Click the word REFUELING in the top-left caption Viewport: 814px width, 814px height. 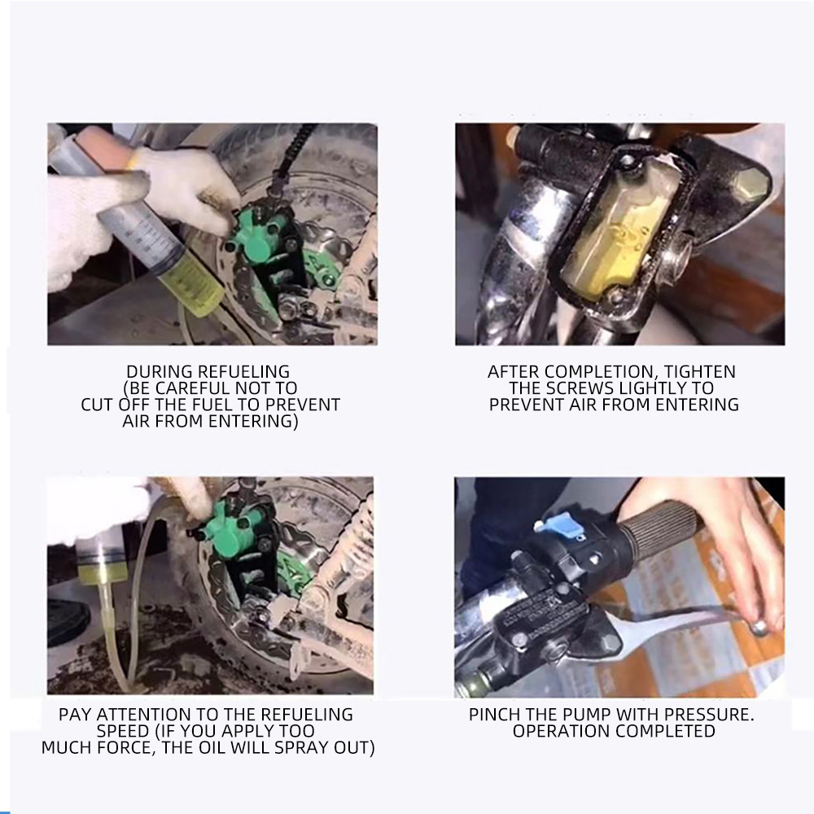tap(244, 372)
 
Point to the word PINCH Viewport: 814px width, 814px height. tap(492, 715)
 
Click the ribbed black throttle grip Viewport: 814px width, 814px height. tap(660, 530)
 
